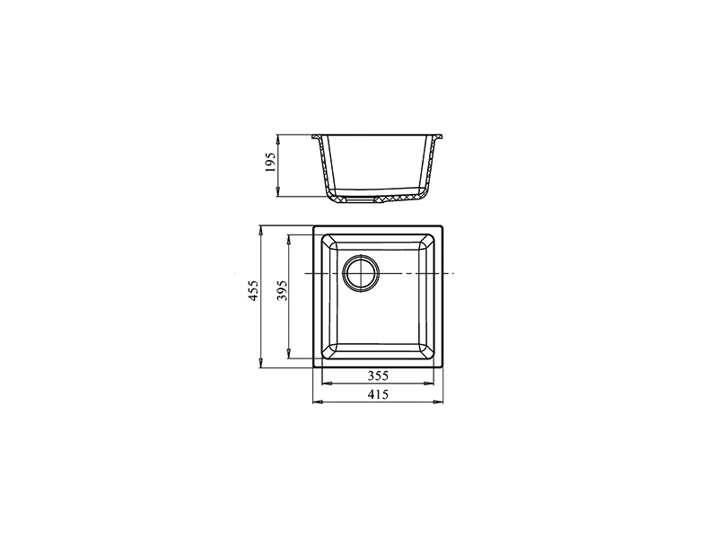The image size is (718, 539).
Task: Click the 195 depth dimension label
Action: (x=271, y=163)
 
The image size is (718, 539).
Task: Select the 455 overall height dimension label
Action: (x=253, y=290)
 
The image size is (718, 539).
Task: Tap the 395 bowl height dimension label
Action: (x=282, y=290)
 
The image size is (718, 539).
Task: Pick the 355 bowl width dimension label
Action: (x=378, y=376)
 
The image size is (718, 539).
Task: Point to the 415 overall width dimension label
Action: (x=378, y=394)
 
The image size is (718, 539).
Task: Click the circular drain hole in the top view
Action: (x=361, y=273)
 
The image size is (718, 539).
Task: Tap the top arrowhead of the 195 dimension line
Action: (x=277, y=139)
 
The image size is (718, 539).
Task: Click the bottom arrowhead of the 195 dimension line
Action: (x=277, y=192)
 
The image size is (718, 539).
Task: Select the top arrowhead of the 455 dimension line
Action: (x=260, y=230)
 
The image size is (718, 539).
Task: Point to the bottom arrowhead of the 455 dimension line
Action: (x=260, y=363)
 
